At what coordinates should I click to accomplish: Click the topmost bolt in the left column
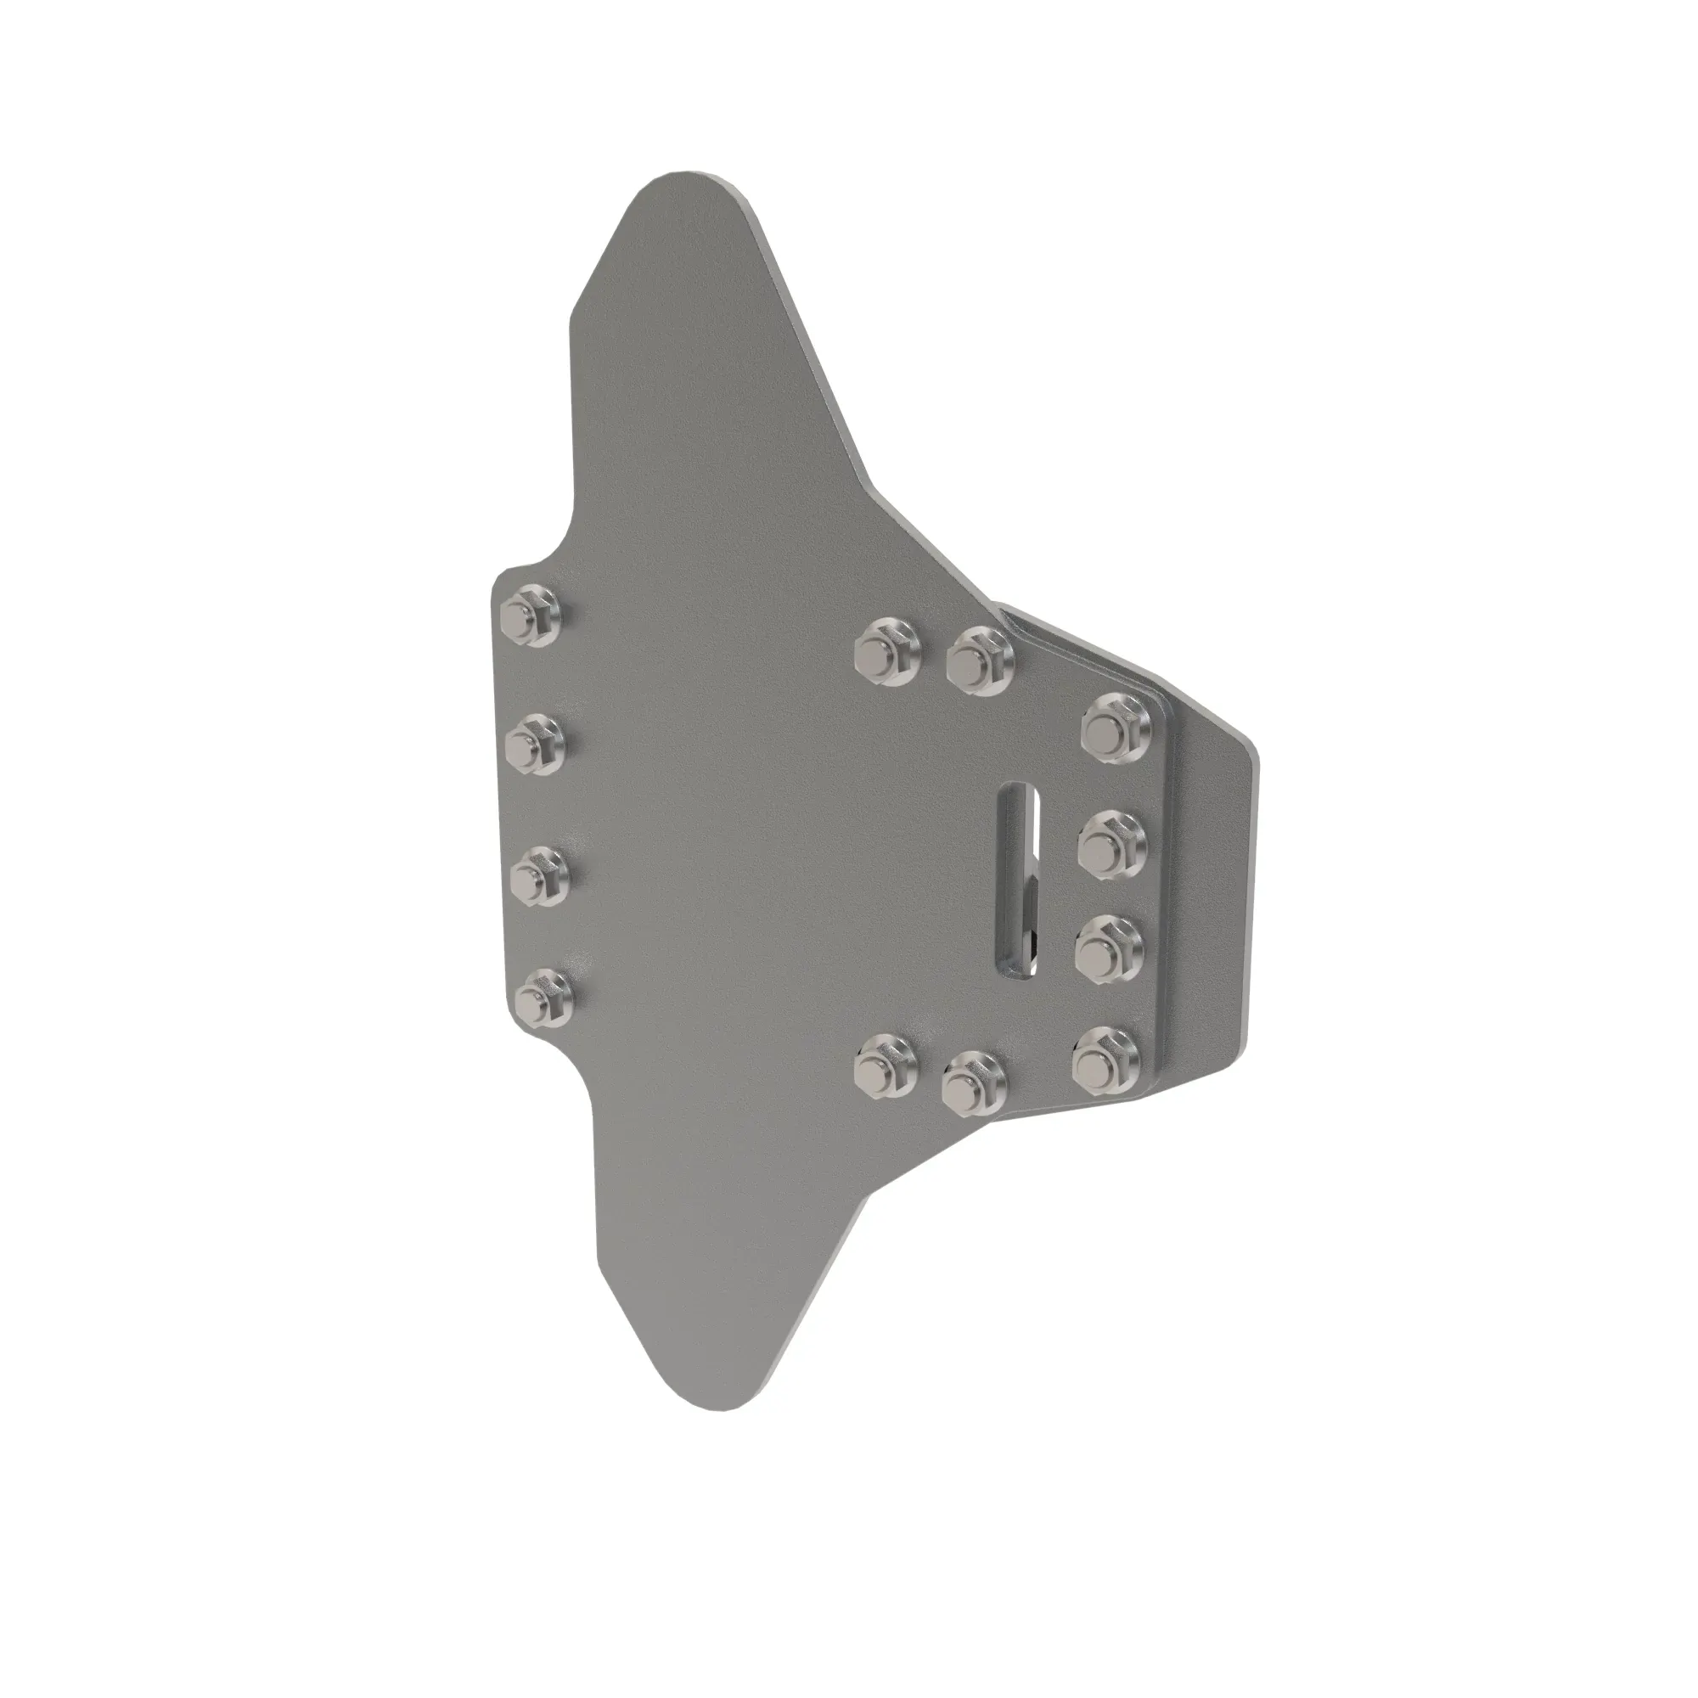click(x=531, y=616)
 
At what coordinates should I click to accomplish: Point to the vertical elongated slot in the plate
click(x=1020, y=875)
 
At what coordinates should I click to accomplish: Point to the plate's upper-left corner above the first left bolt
click(x=506, y=576)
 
